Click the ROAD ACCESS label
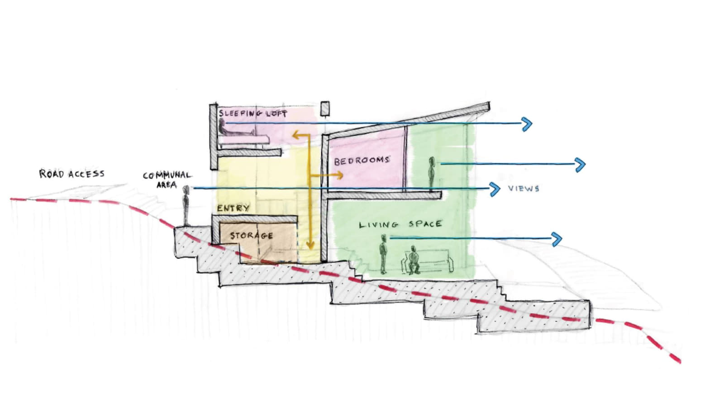click(71, 174)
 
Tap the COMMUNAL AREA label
click(167, 180)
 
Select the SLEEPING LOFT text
click(252, 113)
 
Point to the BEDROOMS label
click(362, 161)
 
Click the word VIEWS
click(524, 188)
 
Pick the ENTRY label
click(233, 208)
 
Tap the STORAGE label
click(251, 236)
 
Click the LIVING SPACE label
click(400, 224)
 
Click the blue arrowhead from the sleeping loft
click(527, 123)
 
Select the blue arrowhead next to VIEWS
click(495, 189)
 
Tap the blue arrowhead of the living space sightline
click(557, 238)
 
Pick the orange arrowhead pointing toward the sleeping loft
click(295, 134)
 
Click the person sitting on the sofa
click(413, 260)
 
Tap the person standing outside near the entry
click(186, 205)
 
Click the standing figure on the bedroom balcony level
click(432, 174)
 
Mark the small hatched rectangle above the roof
click(324, 109)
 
